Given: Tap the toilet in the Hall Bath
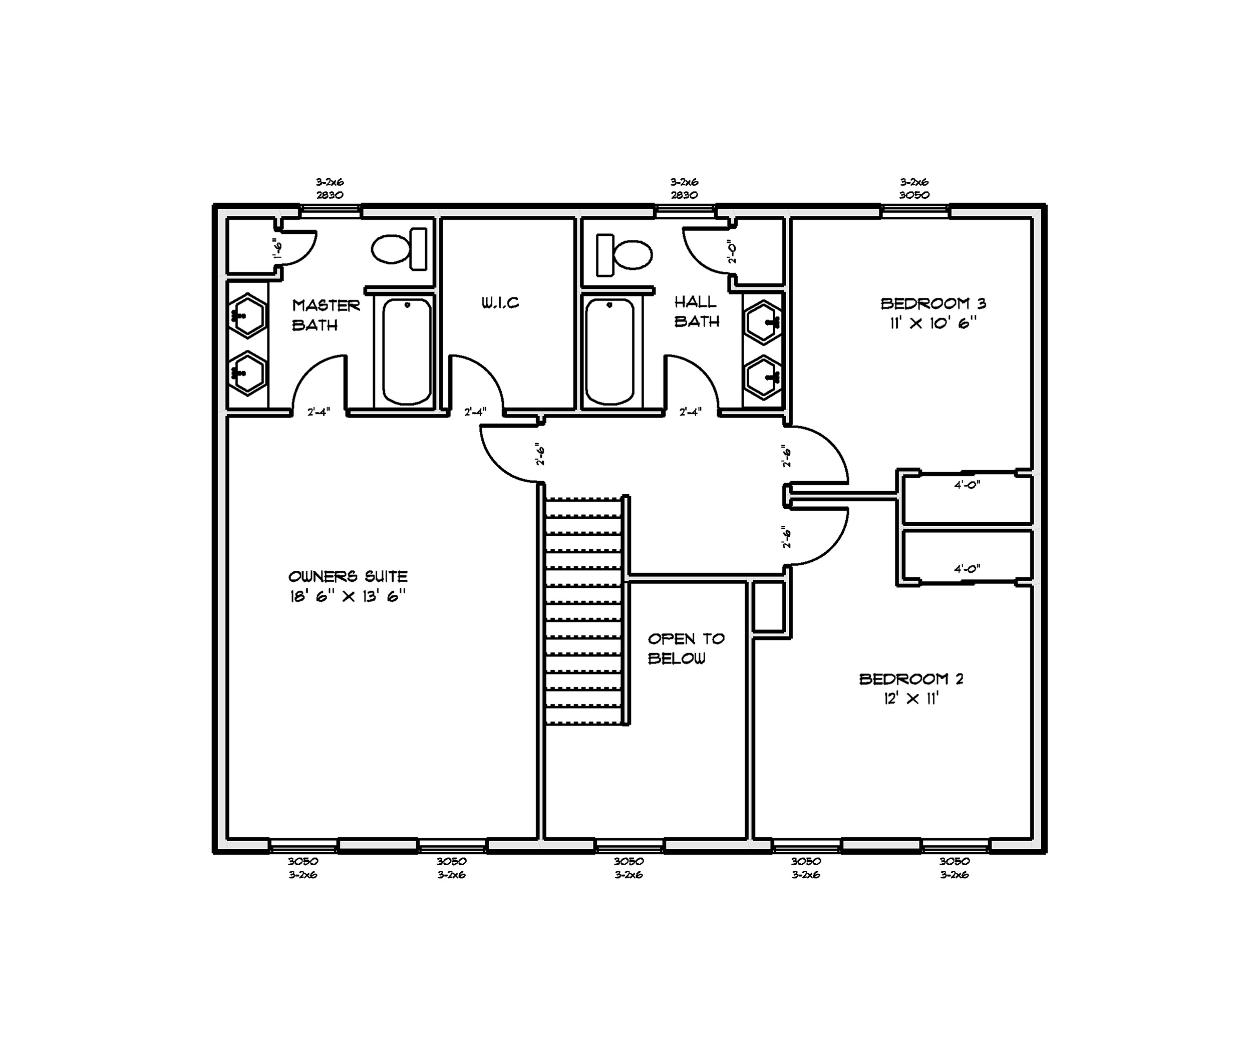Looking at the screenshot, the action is tap(624, 255).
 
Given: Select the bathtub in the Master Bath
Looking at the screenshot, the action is tap(407, 352).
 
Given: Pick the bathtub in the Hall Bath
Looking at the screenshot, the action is tap(609, 352).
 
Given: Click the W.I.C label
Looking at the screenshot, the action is tap(500, 303).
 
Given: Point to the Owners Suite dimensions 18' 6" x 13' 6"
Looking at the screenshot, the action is tap(348, 596).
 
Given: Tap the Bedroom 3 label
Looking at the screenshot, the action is tap(933, 303).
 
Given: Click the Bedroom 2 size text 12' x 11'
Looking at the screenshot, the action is tap(911, 698).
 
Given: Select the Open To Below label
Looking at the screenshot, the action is tap(686, 648).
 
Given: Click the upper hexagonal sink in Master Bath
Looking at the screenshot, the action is tap(247, 315).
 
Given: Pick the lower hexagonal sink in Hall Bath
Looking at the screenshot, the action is tap(763, 377).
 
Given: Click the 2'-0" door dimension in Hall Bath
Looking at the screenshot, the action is tap(733, 251).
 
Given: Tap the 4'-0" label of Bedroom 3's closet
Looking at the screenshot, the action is tap(967, 485).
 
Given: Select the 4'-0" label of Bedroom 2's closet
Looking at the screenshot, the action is tap(967, 569).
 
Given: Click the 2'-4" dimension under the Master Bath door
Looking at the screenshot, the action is tap(319, 412).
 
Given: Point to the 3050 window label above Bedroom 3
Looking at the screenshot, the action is tap(914, 195).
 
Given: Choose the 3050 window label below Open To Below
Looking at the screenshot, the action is tap(629, 861).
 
